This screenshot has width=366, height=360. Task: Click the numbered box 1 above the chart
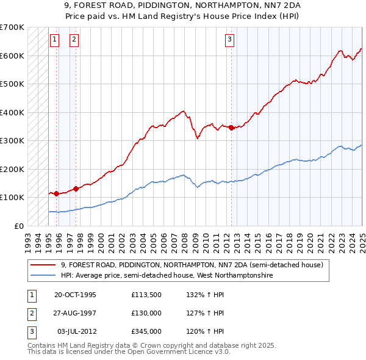click(x=54, y=40)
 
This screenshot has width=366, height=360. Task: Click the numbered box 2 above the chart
click(x=74, y=40)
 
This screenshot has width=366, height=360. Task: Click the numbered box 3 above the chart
click(x=229, y=40)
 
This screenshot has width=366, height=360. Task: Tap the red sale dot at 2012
click(x=232, y=128)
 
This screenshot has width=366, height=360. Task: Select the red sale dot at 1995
click(x=57, y=193)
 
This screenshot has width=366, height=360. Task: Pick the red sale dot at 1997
click(x=76, y=189)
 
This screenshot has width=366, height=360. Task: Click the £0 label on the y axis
click(x=18, y=226)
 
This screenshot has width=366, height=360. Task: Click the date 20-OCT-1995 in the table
click(x=75, y=295)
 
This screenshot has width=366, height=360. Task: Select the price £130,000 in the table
click(x=146, y=313)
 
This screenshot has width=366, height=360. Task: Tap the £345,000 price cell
click(x=146, y=331)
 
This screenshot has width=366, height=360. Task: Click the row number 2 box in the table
click(x=30, y=313)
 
